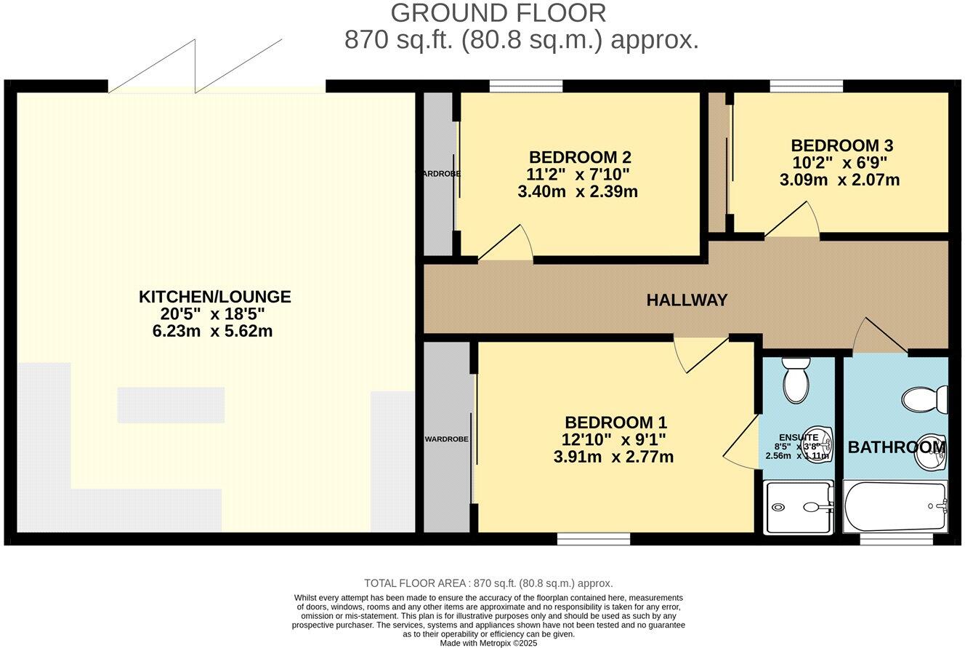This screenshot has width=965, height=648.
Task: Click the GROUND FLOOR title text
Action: (498, 13)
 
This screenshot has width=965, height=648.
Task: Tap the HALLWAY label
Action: (687, 300)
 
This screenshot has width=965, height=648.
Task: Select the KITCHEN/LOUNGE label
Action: (214, 297)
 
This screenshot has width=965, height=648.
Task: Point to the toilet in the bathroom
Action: (926, 399)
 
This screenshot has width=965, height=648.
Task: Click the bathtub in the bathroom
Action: (895, 506)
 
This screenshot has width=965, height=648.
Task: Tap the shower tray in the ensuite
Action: (798, 507)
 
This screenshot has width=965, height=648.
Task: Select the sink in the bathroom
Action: (932, 452)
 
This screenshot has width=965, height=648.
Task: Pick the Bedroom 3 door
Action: (794, 220)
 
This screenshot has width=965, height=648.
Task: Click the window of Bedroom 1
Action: (593, 538)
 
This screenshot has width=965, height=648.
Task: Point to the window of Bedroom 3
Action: (806, 86)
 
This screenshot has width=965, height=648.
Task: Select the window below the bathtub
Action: (896, 539)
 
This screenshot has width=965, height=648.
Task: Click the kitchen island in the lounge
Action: (171, 405)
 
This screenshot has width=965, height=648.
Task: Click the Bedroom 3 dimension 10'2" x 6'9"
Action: (839, 163)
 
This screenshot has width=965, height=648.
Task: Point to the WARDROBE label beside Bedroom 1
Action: (446, 439)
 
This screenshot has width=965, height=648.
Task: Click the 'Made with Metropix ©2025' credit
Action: (488, 643)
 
